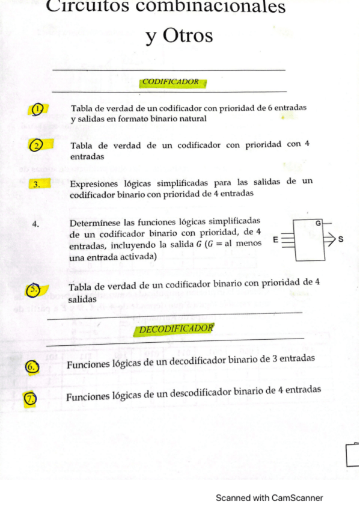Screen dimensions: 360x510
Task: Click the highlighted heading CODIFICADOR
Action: coord(171,82)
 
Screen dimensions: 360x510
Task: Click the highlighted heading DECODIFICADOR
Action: coord(175,329)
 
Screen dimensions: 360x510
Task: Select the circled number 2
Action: coord(37,146)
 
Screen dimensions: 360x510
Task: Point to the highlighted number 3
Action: coord(37,184)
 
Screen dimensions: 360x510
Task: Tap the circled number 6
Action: coord(32,366)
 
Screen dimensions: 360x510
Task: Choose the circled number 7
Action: coord(29,399)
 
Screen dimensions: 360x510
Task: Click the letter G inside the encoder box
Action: coord(317,223)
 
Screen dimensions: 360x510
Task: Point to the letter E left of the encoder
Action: coord(275,240)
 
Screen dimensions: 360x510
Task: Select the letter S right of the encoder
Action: coord(341,240)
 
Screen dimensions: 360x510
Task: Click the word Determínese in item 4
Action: coord(97,223)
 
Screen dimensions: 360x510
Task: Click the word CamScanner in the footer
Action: coord(297,498)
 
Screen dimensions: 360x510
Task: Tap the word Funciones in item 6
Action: coord(89,364)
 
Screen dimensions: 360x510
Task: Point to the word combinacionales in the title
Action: coord(222,7)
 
